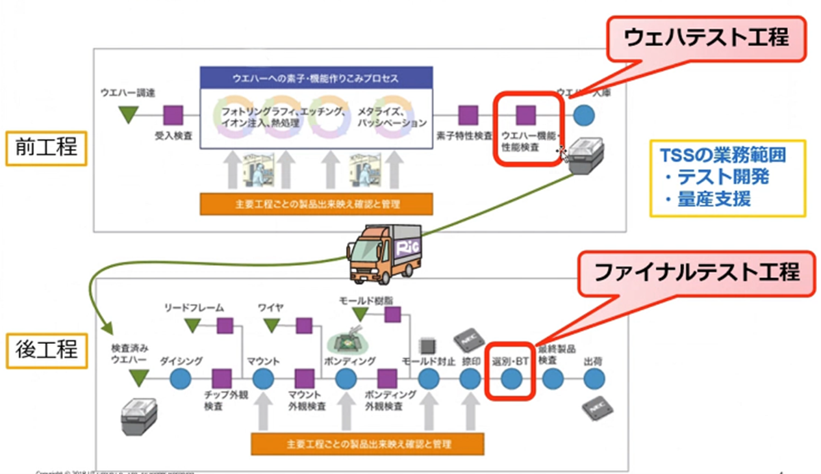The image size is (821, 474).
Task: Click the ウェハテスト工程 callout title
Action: [706, 38]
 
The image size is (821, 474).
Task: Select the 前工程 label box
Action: [46, 146]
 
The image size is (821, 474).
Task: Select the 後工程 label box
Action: [46, 350]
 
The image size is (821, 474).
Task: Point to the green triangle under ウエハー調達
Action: [128, 115]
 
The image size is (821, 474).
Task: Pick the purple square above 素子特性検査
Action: [468, 116]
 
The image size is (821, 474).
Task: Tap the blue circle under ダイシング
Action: [180, 378]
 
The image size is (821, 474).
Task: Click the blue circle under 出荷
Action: [594, 378]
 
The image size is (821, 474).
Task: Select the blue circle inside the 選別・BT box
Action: [511, 378]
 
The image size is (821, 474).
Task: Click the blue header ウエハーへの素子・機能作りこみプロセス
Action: [316, 78]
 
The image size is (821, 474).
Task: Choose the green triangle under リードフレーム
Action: [192, 325]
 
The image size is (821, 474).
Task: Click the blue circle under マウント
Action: [263, 378]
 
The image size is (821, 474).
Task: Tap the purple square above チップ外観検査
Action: [221, 378]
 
